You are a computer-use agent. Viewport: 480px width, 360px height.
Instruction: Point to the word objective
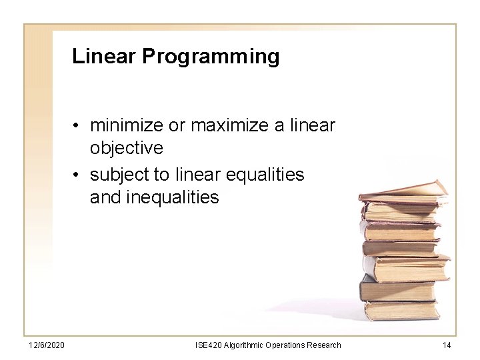(127, 147)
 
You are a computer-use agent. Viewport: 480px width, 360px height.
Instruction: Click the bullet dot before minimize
(78, 125)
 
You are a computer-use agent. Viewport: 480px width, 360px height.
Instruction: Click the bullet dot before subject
(78, 175)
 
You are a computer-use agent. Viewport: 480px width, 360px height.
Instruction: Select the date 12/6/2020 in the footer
(46, 345)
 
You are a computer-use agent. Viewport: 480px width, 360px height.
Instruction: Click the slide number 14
(446, 345)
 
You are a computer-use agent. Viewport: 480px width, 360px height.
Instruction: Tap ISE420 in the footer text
(209, 345)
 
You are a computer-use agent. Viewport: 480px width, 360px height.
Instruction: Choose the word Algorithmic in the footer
(244, 345)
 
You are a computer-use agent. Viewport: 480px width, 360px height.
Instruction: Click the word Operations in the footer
(285, 345)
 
